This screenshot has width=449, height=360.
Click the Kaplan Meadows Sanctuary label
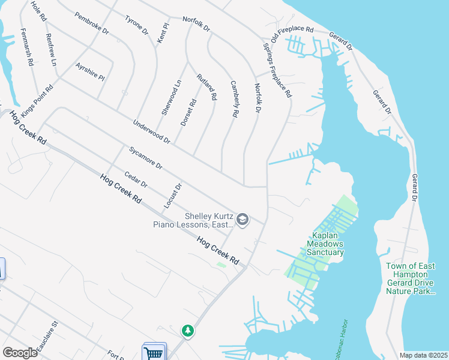tap(325, 244)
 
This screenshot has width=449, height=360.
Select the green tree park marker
tap(188, 330)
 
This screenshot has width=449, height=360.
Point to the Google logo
tap(20, 353)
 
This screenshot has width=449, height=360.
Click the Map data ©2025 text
tap(423, 355)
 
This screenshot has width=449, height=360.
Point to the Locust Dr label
tap(172, 196)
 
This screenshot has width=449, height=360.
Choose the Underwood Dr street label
tap(152, 131)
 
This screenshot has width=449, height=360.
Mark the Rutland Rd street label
tap(206, 87)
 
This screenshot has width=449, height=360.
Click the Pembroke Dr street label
tap(92, 22)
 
